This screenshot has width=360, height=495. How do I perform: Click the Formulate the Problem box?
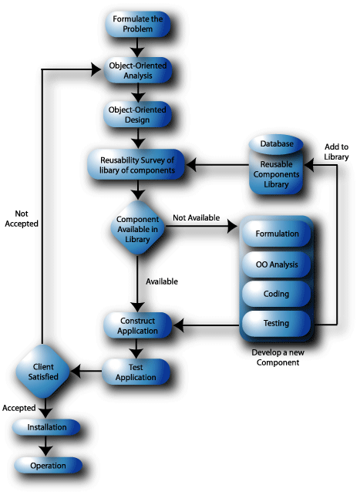click(137, 24)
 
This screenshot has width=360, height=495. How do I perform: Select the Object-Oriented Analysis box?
click(137, 71)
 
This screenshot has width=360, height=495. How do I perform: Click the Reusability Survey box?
click(137, 165)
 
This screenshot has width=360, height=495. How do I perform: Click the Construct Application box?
click(137, 325)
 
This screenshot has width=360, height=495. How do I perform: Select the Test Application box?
click(137, 372)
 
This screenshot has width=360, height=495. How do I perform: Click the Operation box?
click(48, 466)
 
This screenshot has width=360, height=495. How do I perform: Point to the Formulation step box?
click(277, 234)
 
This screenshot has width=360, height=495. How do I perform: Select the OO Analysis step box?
click(277, 264)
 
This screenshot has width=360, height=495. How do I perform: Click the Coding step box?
click(277, 294)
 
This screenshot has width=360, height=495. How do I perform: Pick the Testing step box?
click(277, 323)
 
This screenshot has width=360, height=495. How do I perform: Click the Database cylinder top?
click(276, 144)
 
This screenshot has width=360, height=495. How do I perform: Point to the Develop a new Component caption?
click(275, 357)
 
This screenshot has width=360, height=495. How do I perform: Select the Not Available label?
click(196, 218)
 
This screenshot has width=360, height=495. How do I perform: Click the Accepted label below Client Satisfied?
click(19, 407)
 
